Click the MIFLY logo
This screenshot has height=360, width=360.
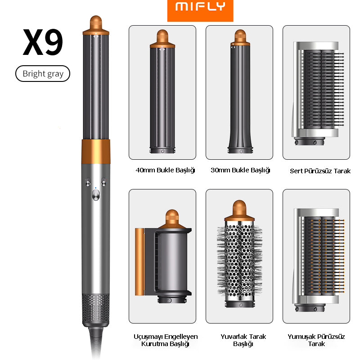tap(200, 6)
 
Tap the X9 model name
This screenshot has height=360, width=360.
tap(43, 42)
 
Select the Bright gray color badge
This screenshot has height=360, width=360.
tap(43, 74)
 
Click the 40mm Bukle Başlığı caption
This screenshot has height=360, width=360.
tap(165, 170)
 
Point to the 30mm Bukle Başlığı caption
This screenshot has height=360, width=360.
tap(240, 170)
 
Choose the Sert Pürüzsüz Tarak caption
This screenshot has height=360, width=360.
tap(320, 171)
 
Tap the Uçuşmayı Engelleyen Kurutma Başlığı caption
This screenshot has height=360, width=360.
tap(166, 340)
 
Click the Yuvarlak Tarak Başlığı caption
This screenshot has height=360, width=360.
tap(243, 340)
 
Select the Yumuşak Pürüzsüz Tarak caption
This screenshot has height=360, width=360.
tap(316, 340)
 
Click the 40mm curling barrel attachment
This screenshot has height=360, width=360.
tap(162, 92)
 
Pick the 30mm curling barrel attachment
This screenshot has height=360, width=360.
tap(240, 92)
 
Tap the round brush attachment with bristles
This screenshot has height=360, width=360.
tap(239, 254)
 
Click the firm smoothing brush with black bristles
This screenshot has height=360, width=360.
tap(318, 94)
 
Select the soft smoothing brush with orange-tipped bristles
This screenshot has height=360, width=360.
tap(319, 260)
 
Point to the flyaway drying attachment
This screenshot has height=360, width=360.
tap(163, 256)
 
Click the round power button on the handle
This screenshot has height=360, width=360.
tap(96, 195)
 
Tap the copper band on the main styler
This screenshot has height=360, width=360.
tap(96, 151)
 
